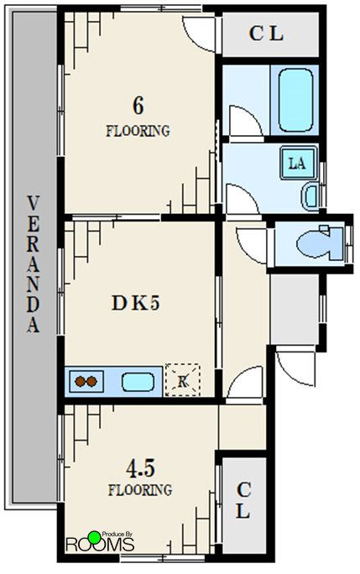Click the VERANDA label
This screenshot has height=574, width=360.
pos(33,264)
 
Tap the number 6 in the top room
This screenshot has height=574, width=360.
pos(138,106)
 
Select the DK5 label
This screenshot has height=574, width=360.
pos(135,303)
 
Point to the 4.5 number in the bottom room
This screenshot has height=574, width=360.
pos(141,468)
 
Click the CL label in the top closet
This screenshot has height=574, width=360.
pos(266,34)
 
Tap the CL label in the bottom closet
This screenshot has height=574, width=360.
pos(243,500)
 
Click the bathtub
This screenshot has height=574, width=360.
pos(295,100)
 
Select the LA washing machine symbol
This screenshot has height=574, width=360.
pos(298,163)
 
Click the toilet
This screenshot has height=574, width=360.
pos(321,243)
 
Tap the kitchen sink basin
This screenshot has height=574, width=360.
pos(138,382)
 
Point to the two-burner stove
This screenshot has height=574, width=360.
pos(86,382)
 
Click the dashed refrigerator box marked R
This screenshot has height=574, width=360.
pos(183,379)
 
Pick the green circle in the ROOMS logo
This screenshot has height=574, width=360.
pos(95,537)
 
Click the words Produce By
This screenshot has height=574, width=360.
pos(117,534)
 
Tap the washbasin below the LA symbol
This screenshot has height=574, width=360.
pos(310,196)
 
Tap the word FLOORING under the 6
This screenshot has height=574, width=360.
pos(138,131)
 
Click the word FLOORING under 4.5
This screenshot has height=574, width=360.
pos(140,490)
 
